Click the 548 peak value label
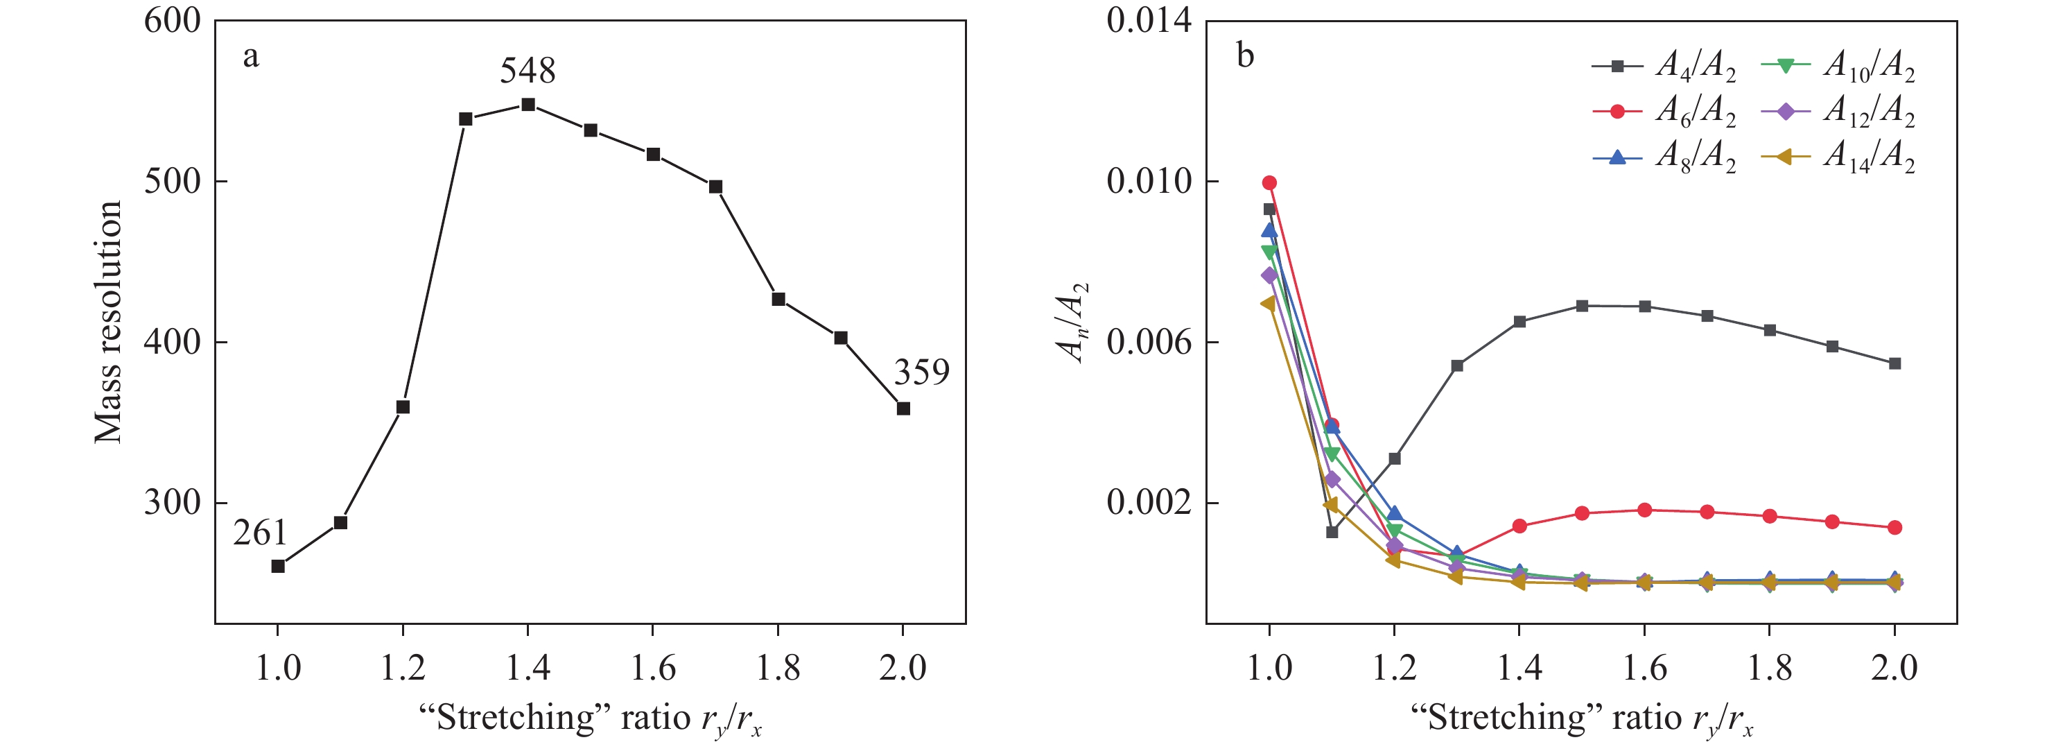coord(527,71)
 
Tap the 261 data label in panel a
coord(260,533)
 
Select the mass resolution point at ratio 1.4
coord(528,105)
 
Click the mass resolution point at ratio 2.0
coord(903,408)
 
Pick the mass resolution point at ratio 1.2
coord(403,407)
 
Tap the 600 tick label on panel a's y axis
coord(173,21)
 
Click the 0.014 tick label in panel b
coord(1149,21)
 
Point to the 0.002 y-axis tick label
coord(1149,503)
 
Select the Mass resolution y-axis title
coord(108,322)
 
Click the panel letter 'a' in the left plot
coord(250,56)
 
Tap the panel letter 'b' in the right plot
coord(1245,56)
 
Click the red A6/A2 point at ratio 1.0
coord(1269,183)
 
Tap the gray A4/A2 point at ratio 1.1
coord(1332,532)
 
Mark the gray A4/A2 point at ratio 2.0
coord(1894,363)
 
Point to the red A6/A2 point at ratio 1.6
coord(1645,510)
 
